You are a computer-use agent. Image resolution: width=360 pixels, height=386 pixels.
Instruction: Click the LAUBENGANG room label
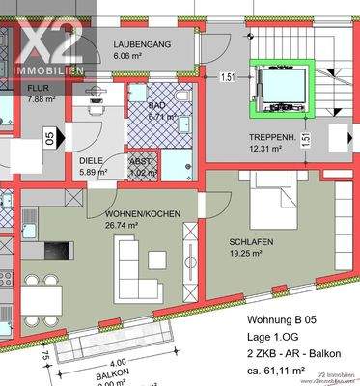[143, 45]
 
